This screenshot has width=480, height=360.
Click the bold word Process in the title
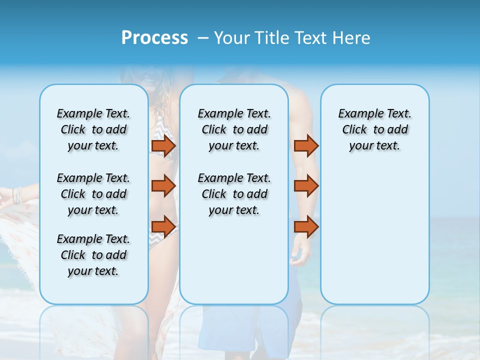154,38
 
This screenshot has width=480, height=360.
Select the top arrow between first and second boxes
163,146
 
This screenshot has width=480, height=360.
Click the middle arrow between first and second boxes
163,186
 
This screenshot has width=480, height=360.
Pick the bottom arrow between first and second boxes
163,227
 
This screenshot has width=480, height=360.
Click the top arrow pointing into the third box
306,146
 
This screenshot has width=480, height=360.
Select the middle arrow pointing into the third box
306,186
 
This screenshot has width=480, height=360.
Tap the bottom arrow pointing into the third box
306,227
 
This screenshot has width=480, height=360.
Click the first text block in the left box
93,129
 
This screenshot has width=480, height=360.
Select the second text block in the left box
93,194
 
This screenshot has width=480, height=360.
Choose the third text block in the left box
93,255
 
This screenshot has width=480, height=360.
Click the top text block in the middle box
234,129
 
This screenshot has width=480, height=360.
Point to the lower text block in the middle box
234,194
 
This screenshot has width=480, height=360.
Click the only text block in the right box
374,129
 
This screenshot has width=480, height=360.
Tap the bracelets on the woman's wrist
17,195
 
